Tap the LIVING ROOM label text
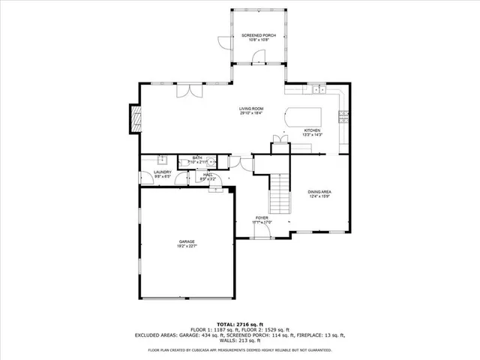(250, 110)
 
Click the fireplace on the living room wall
(136, 118)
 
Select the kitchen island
(302, 117)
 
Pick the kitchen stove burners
(343, 115)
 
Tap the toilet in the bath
(184, 161)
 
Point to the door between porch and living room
(259, 58)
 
